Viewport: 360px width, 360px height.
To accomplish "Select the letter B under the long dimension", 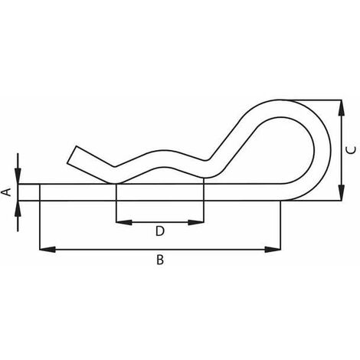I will (x=159, y=260).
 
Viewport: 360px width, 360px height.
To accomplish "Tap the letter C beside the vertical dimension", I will (x=350, y=150).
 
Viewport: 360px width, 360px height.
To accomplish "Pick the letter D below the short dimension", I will (x=159, y=230).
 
